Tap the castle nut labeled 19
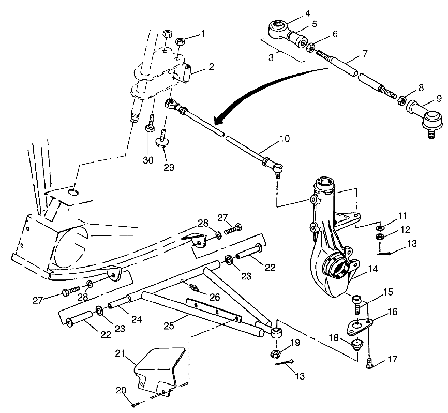pyautogui.click(x=275, y=354)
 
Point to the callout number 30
pyautogui.click(x=148, y=160)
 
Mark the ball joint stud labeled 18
pyautogui.click(x=355, y=344)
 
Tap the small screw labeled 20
pyautogui.click(x=134, y=404)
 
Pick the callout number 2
pyautogui.click(x=196, y=66)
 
